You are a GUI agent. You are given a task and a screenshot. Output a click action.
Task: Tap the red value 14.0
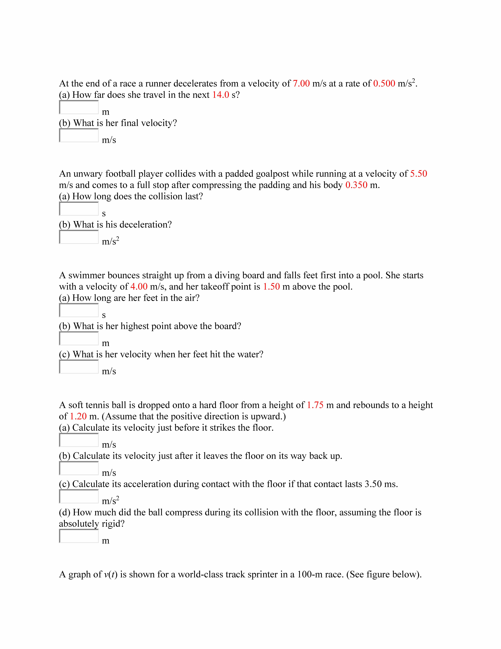[x=221, y=95]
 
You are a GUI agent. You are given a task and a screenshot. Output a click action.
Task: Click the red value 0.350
[x=356, y=185]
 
